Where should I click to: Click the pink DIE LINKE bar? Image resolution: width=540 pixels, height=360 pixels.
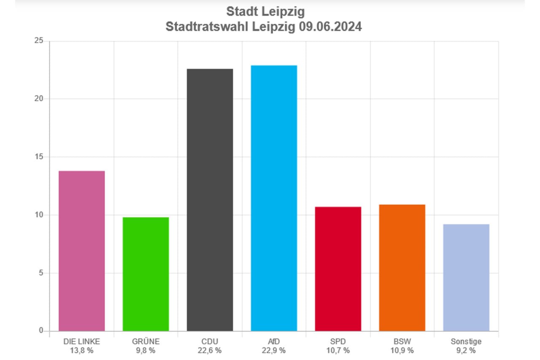[x=81, y=251]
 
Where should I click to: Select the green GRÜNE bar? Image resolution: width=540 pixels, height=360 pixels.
[x=146, y=274]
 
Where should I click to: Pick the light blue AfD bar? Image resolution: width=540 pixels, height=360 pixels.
[x=274, y=198]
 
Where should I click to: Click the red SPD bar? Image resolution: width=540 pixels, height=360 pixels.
[x=338, y=269]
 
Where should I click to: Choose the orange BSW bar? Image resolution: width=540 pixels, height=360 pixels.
[x=402, y=268]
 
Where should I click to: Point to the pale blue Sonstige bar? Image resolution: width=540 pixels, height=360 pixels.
[x=466, y=277]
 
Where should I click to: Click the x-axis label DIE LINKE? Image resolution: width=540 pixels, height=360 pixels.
[x=81, y=341]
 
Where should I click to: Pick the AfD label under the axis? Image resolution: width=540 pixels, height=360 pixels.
[x=274, y=341]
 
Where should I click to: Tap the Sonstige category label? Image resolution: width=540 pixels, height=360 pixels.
[x=466, y=341]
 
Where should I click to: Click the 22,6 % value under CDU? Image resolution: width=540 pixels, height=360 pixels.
[x=210, y=350]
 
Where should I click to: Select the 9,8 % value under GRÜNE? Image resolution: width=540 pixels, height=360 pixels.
[x=146, y=350]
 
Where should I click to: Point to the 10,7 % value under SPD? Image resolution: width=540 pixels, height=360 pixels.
[x=338, y=350]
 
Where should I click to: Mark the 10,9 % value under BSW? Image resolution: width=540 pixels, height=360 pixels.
[x=402, y=350]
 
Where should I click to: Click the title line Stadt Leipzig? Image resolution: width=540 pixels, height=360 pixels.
[x=265, y=11]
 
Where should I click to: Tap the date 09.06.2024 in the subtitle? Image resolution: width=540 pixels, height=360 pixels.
[x=329, y=27]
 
